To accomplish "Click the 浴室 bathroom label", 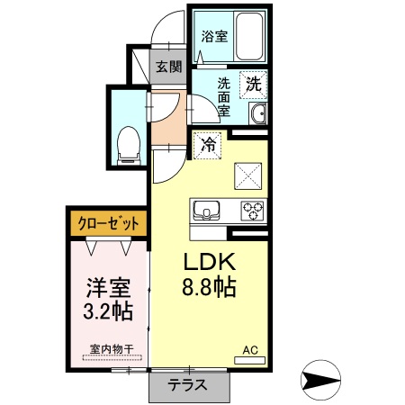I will pyautogui.click(x=213, y=38).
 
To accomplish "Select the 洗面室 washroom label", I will pyautogui.click(x=225, y=96).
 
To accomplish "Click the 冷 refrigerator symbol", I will pyautogui.click(x=209, y=143).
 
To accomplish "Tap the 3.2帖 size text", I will pyautogui.click(x=108, y=312).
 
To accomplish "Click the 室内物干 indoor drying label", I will pyautogui.click(x=111, y=347).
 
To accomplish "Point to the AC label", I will pyautogui.click(x=251, y=350).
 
